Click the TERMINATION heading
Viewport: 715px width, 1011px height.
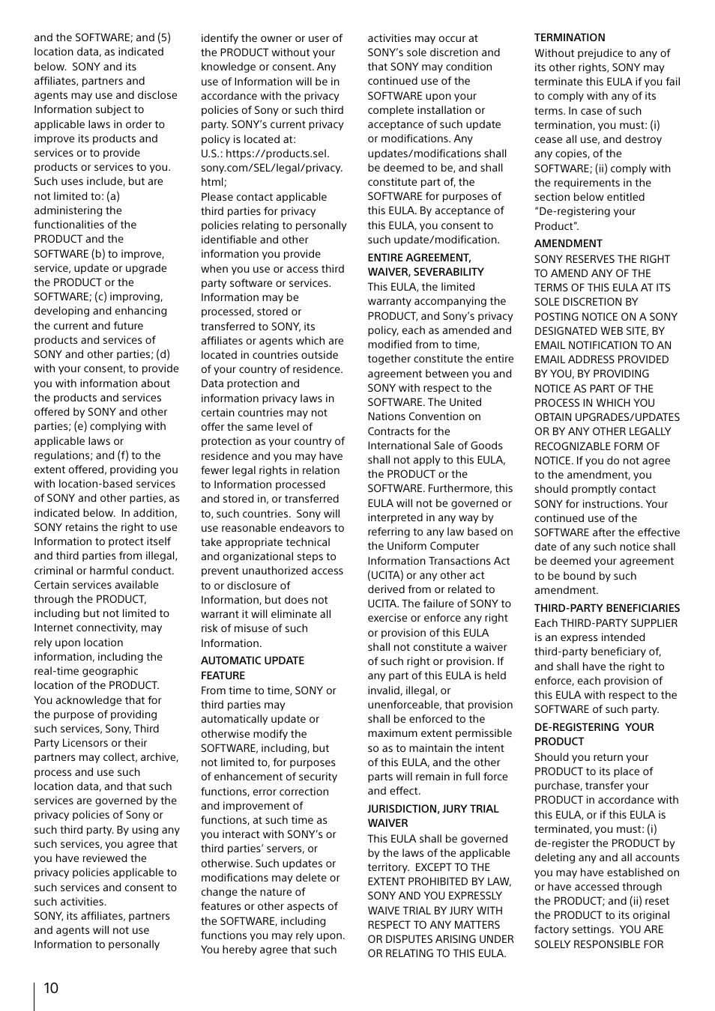coord(570,37)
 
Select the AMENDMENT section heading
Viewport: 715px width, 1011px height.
coord(568,243)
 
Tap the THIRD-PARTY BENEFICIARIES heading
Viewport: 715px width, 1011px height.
coord(606,608)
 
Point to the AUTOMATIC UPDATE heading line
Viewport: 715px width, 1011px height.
coord(252,661)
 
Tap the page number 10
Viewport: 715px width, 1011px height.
coord(50,988)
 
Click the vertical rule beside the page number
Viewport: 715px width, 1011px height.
coord(34,996)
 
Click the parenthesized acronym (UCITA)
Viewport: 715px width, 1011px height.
coord(387,575)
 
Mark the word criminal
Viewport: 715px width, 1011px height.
coord(54,571)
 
